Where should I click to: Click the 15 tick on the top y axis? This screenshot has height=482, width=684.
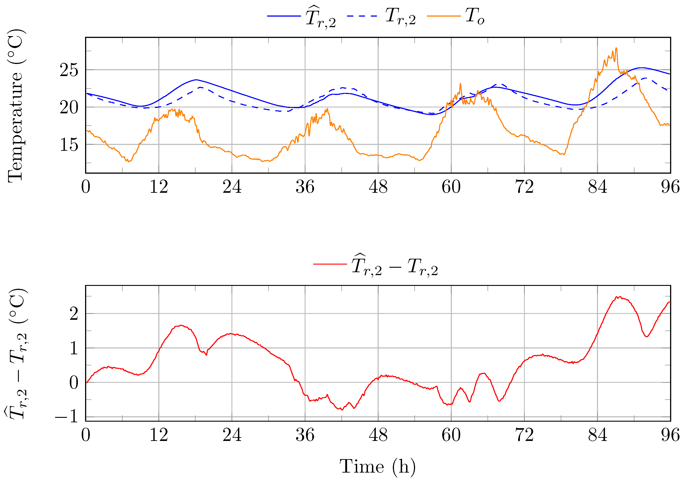pyautogui.click(x=69, y=145)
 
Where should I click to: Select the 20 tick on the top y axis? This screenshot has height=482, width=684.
pyautogui.click(x=69, y=108)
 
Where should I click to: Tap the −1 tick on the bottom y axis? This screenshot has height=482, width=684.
pyautogui.click(x=66, y=418)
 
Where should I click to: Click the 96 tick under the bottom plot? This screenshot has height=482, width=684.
pyautogui.click(x=670, y=436)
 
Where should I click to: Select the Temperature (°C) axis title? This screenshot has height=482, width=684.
pyautogui.click(x=15, y=106)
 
